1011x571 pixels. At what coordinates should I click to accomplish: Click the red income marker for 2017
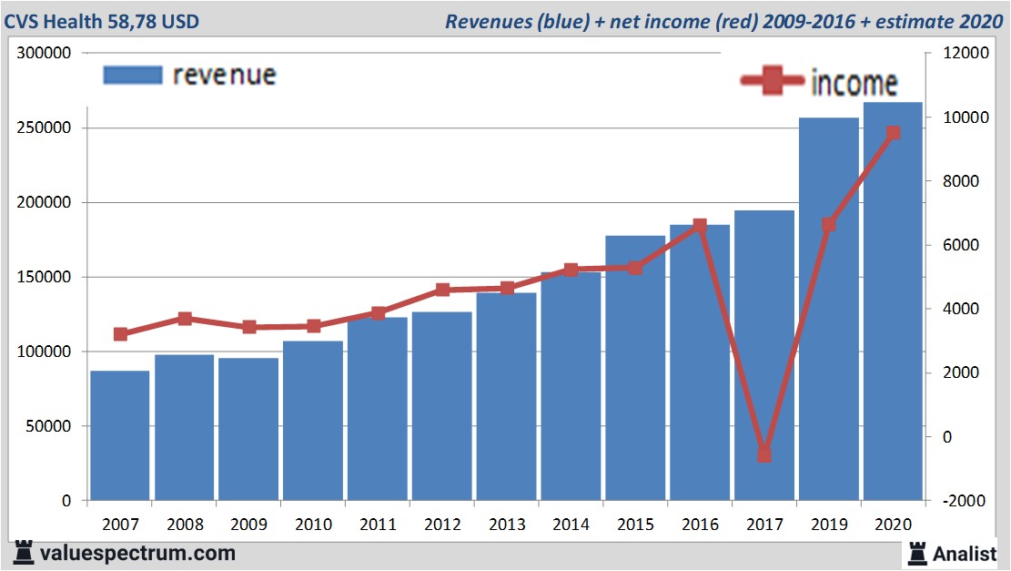pos(764,454)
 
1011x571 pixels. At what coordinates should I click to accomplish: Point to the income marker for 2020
pos(893,133)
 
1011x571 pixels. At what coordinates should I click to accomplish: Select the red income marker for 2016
pos(700,226)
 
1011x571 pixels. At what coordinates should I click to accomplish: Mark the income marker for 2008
pos(185,319)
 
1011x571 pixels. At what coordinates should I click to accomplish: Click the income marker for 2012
pos(442,290)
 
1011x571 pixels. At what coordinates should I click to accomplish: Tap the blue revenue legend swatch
pos(132,75)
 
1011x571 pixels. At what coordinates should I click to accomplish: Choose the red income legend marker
pos(773,81)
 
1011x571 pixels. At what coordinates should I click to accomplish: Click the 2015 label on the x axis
pos(635,525)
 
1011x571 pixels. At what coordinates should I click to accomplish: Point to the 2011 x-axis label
pos(378,525)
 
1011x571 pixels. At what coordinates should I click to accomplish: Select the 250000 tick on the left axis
pos(46,128)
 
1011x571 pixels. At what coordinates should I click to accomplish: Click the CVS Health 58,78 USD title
pos(101,21)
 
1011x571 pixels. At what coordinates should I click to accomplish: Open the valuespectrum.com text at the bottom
pos(137,553)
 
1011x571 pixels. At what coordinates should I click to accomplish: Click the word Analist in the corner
pos(964,554)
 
